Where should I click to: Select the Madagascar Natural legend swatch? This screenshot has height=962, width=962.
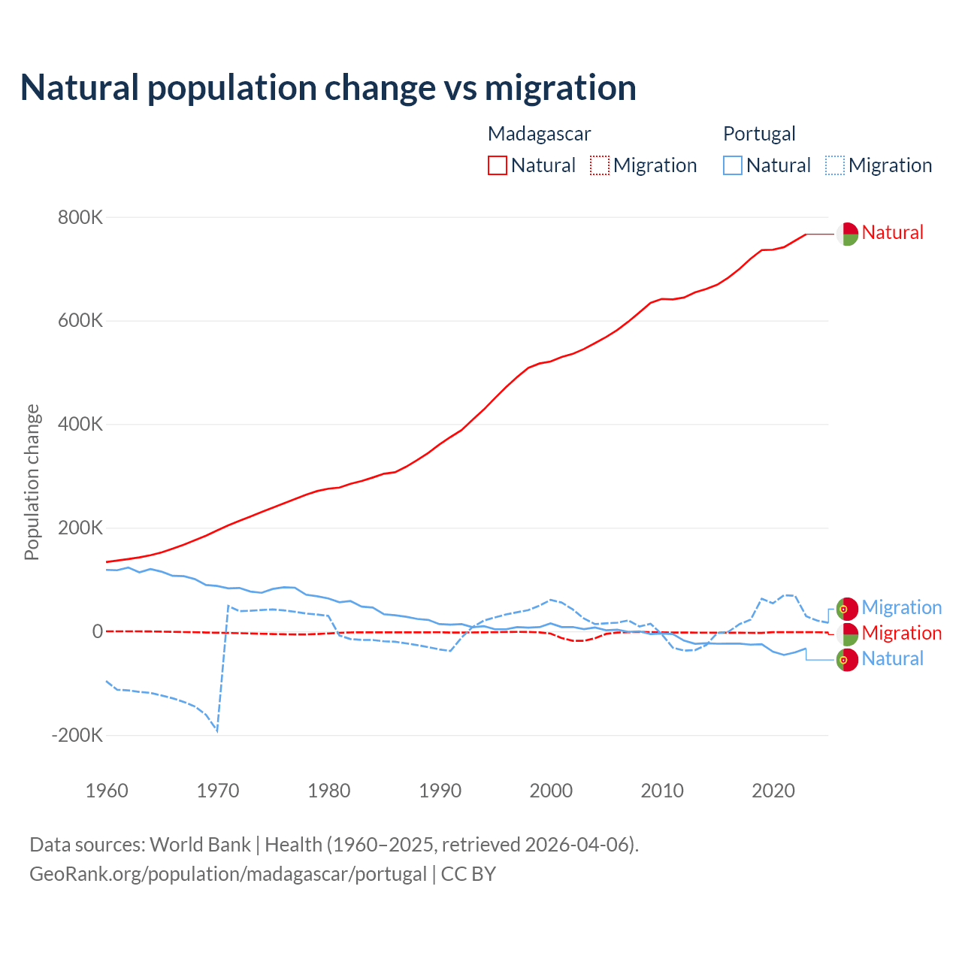pos(497,165)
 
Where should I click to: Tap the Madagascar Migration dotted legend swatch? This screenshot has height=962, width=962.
pos(600,165)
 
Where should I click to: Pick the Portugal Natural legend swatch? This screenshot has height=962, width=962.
pos(732,165)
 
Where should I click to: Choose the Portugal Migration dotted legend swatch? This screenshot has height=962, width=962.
pos(835,165)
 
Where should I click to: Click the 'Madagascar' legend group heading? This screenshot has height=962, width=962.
pos(539,134)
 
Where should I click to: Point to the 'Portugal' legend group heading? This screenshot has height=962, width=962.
pos(759,134)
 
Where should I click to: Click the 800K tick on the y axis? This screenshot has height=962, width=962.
pos(80,218)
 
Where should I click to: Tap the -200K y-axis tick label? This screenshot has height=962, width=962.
pos(77,735)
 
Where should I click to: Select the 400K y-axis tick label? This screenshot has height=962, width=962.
pos(80,425)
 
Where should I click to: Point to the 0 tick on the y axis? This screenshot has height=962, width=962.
pos(97,632)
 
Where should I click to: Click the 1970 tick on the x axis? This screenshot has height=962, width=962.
pos(218,791)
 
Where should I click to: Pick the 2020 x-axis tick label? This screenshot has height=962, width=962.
pos(773,791)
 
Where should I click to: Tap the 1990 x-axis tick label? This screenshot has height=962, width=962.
pos(440,791)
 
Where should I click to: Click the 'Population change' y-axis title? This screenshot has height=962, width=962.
pos(32,483)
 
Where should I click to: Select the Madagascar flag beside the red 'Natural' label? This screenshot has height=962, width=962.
pos(847,234)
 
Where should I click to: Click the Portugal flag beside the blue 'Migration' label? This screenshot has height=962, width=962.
pos(847,608)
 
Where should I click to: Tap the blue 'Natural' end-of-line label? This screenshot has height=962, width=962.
pos(892,659)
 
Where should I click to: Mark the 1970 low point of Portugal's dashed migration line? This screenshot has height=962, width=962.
pos(217,731)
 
